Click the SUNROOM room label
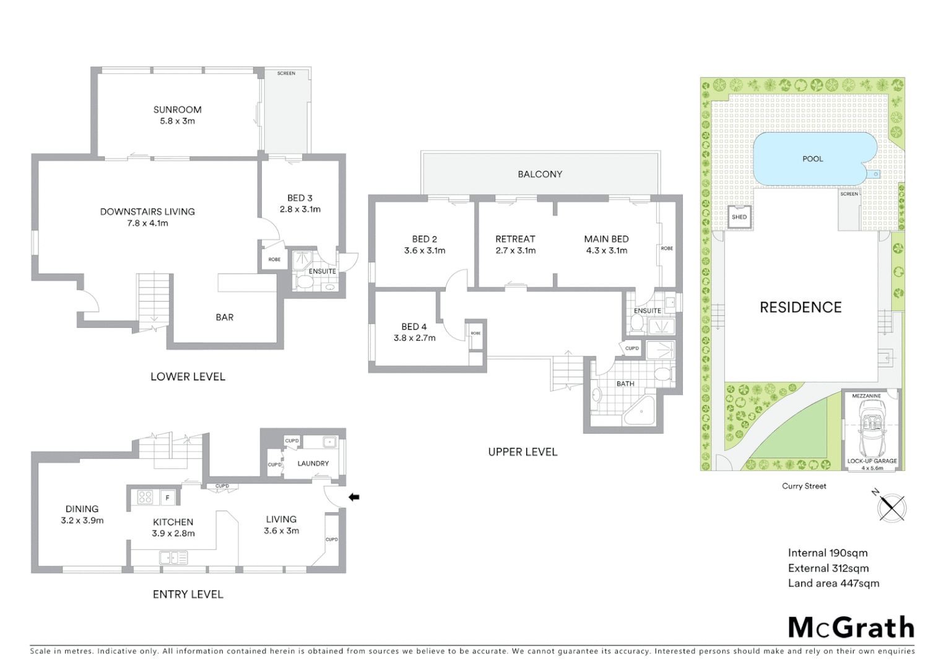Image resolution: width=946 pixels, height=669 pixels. [177, 110]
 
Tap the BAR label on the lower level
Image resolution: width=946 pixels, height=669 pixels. [224, 317]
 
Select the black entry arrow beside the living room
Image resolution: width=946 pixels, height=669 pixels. [354, 496]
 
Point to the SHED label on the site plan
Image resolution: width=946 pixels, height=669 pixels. [739, 217]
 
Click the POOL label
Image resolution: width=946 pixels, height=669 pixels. [812, 159]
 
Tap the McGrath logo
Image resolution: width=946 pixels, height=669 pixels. [851, 627]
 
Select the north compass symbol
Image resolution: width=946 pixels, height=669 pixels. [892, 507]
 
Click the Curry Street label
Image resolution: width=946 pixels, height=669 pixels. [804, 486]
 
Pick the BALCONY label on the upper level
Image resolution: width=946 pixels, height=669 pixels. [540, 175]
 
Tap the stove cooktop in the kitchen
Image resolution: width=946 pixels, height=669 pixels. [145, 497]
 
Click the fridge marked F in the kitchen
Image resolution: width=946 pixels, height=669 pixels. [167, 497]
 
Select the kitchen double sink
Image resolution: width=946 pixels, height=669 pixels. [173, 558]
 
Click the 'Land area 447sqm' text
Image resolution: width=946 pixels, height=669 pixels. [833, 583]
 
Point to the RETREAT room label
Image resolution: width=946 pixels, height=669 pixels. [515, 239]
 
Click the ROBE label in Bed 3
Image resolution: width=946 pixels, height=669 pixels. [274, 260]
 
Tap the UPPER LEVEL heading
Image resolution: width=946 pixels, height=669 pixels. [523, 452]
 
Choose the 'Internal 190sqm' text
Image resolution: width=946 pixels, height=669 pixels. [827, 553]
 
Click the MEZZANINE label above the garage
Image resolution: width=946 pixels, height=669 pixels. [866, 396]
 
